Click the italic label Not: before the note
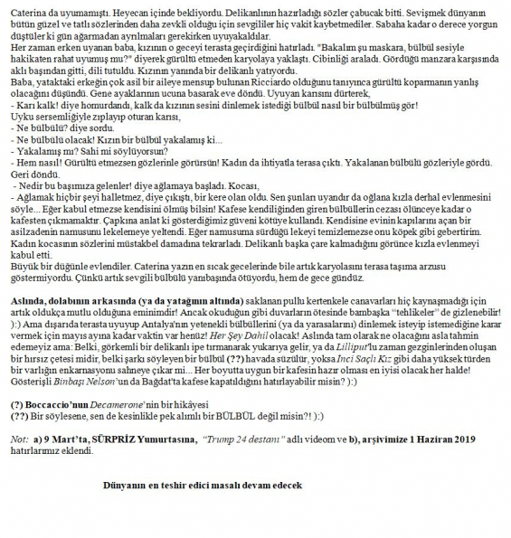click(19, 438)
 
